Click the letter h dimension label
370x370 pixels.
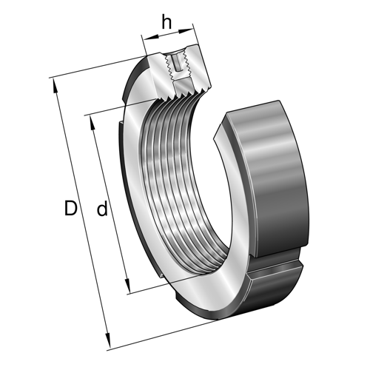click(166, 23)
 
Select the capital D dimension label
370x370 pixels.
click(70, 209)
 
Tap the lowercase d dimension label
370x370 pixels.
click(103, 209)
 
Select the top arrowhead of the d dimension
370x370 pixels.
click(90, 120)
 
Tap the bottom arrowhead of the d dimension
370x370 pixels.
click(129, 291)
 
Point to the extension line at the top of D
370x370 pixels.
click(96, 67)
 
